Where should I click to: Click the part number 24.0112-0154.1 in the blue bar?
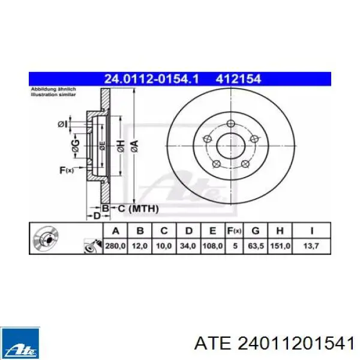(151, 79)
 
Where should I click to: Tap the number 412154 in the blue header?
(238, 79)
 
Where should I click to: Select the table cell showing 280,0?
(115, 246)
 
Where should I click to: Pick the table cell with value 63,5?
(256, 246)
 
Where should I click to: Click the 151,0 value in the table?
(280, 246)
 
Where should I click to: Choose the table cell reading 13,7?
(311, 246)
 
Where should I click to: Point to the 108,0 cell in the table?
(212, 246)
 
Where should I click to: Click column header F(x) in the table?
(234, 230)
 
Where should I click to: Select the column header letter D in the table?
(188, 231)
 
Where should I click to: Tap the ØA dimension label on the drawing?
(134, 146)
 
